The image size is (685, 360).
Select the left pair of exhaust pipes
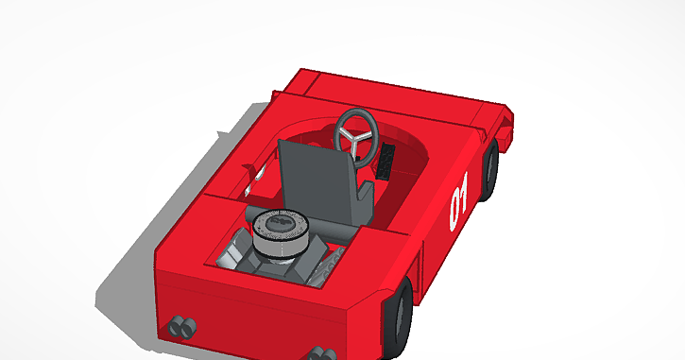click(x=182, y=328)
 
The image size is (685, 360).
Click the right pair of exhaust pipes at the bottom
click(x=321, y=353)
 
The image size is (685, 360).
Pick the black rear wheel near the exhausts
click(x=402, y=317)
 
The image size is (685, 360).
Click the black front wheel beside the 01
click(x=491, y=170)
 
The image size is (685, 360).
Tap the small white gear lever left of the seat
click(x=250, y=176)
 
